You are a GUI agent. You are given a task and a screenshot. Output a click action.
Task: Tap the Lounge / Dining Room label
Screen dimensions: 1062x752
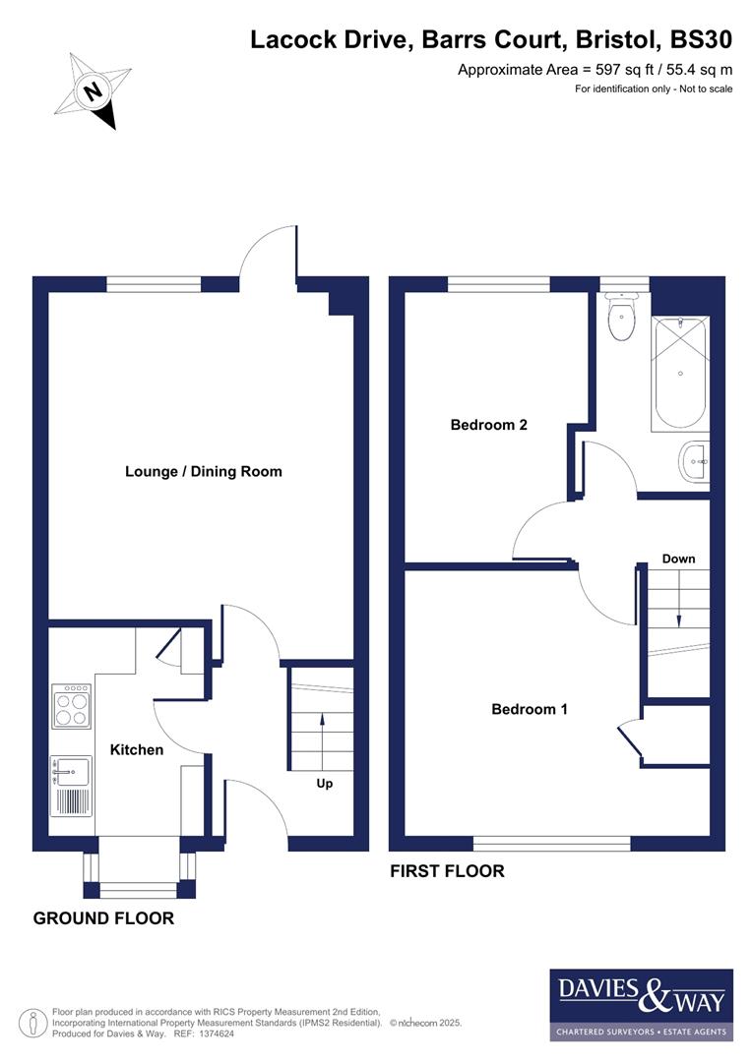[204, 472]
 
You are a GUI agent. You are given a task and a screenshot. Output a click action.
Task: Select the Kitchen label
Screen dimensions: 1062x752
[137, 749]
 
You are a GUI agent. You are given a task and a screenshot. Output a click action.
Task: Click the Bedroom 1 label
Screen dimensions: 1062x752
[530, 709]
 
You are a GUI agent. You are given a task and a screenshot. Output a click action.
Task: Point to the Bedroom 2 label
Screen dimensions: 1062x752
[489, 425]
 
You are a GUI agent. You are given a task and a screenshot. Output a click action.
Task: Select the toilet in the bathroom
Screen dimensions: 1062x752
[622, 319]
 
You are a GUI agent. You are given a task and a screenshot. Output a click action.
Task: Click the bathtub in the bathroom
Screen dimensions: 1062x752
[679, 374]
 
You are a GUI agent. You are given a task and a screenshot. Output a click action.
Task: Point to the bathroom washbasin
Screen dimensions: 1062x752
[695, 460]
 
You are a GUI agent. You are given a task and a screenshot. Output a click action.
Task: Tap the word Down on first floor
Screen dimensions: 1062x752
[678, 559]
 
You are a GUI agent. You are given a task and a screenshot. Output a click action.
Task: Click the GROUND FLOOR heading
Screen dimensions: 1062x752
[103, 918]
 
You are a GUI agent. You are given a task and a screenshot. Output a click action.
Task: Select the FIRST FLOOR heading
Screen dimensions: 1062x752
[448, 871]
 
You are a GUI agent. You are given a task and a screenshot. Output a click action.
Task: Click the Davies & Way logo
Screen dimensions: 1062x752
[641, 1004]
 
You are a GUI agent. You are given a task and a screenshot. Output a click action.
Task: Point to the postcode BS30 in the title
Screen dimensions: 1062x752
[702, 39]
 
